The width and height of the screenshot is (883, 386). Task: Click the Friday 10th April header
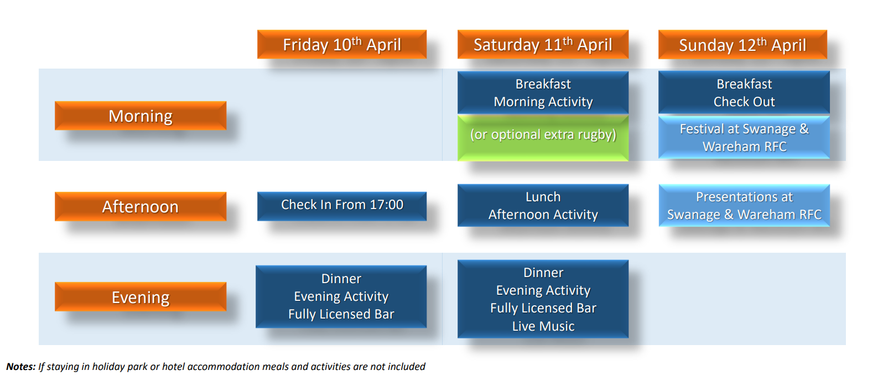coord(342,44)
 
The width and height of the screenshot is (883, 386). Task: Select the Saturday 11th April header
coord(543,44)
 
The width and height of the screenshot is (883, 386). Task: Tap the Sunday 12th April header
coord(742,44)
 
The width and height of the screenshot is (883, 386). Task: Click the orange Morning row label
coord(141,116)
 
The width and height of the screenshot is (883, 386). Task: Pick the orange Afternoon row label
coord(141,206)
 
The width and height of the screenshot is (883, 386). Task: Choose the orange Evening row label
coord(141,296)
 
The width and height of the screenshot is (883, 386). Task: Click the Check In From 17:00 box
coord(342,206)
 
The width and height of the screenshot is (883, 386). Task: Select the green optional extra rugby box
coord(543,138)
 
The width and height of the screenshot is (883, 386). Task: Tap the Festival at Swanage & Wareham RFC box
coord(744,138)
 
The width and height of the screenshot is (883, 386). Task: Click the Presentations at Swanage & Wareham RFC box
coord(744,205)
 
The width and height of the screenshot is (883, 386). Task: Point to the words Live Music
coord(543,326)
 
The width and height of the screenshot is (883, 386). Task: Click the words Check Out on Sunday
coord(744,102)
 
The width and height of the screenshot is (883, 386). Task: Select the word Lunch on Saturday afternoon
coord(543,196)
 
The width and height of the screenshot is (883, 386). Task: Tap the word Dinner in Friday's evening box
coord(341,279)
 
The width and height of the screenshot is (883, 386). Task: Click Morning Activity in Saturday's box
coord(543,102)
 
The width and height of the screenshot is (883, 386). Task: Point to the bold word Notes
coord(21,367)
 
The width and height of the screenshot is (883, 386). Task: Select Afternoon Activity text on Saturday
coord(543,215)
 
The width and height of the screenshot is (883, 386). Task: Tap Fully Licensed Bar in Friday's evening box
coord(341,314)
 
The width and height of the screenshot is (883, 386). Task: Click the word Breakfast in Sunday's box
coord(744,84)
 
